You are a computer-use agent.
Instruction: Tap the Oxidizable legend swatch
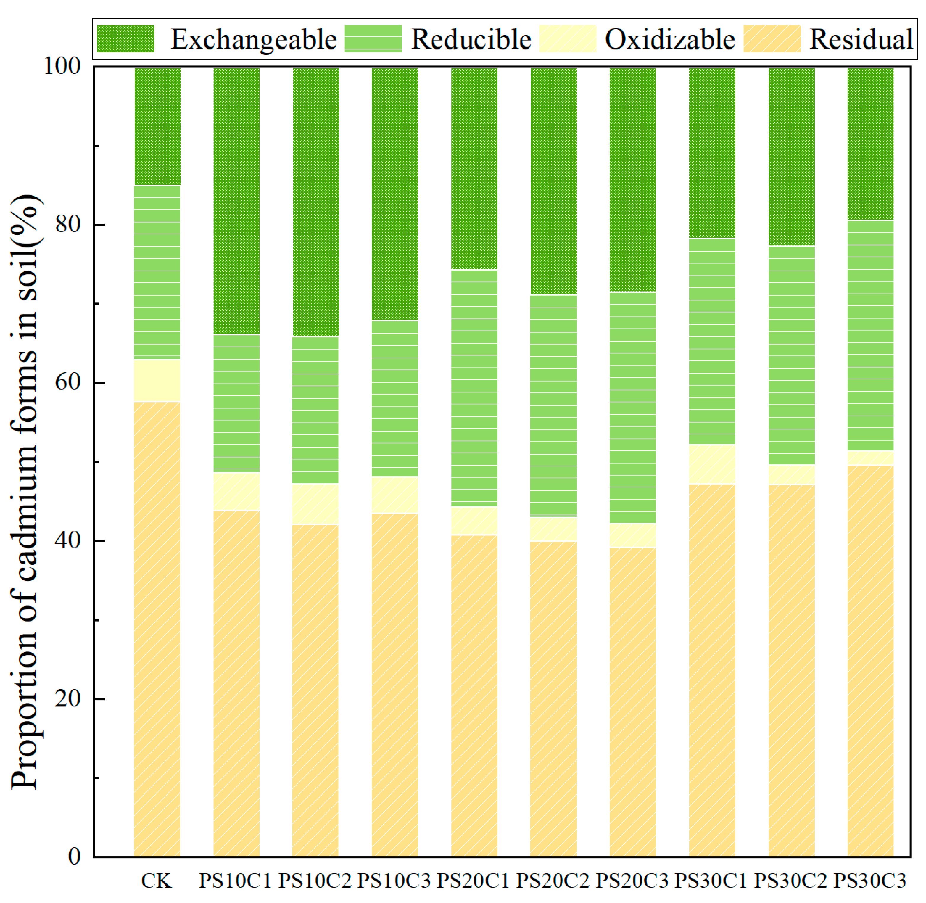(x=568, y=39)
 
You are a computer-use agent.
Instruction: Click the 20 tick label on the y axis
(x=68, y=698)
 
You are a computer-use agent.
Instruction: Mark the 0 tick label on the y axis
(x=75, y=857)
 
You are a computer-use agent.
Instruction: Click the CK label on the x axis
(x=157, y=881)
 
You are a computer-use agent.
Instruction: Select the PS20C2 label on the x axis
(x=553, y=881)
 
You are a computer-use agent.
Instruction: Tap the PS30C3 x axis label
(x=870, y=881)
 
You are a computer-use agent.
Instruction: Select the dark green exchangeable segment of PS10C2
(x=315, y=202)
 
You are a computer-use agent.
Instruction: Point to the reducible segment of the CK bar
(x=157, y=272)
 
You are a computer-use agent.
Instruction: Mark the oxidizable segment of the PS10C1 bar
(x=236, y=491)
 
